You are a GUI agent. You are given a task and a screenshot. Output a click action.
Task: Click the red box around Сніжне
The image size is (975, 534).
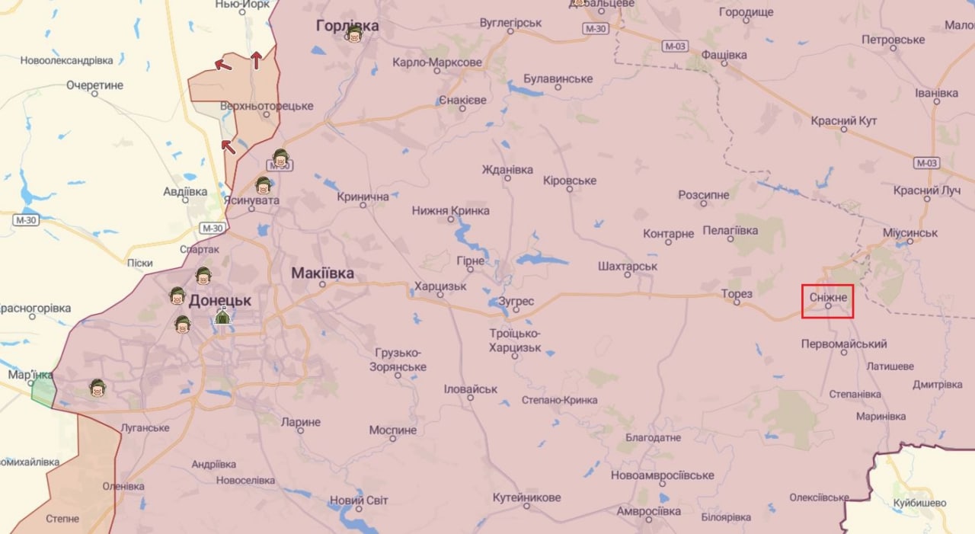(827, 301)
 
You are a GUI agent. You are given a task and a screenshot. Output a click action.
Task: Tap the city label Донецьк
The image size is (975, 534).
(219, 300)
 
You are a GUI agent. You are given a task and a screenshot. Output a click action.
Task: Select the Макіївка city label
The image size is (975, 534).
(322, 273)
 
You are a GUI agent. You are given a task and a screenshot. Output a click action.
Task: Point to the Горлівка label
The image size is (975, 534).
(347, 26)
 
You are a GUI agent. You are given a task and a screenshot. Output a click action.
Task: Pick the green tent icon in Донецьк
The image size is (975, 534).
(222, 316)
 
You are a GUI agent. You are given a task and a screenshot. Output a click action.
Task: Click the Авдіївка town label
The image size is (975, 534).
(185, 190)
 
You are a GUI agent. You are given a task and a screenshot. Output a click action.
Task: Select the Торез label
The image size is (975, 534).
(737, 294)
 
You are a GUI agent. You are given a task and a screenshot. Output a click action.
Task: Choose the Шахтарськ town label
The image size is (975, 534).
(628, 267)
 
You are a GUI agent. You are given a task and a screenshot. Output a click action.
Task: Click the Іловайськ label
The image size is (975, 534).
(471, 389)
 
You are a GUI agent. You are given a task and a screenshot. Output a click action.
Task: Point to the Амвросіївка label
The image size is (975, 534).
(648, 510)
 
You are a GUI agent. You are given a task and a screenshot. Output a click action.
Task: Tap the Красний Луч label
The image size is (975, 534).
(927, 190)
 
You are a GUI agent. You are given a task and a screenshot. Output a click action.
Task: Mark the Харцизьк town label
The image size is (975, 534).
(440, 286)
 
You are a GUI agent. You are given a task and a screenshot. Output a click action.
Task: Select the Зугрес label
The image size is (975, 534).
(516, 301)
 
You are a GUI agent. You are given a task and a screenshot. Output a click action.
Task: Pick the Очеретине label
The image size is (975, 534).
(94, 85)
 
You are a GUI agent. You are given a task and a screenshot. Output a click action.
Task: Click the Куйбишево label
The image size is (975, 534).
(920, 503)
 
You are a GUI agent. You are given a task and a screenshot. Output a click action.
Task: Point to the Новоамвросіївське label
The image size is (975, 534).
(662, 475)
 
